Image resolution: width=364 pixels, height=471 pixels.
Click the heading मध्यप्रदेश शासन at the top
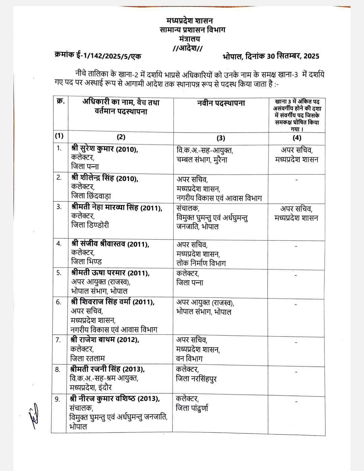click(190, 21)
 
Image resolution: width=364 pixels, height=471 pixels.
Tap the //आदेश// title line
click(187, 48)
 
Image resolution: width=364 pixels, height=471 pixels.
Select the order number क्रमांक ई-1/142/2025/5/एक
click(98, 55)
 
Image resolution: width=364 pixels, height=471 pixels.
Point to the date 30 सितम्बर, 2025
click(293, 56)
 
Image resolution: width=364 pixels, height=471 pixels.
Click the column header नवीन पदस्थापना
click(221, 103)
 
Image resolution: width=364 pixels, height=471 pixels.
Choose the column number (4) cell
click(297, 137)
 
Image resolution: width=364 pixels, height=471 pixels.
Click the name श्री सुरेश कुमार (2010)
click(104, 149)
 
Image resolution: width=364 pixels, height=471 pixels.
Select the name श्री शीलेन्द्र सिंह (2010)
click(104, 178)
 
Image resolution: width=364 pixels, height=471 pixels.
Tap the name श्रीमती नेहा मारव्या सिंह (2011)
click(117, 208)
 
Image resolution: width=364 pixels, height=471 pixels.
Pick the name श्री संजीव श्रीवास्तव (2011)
click(110, 244)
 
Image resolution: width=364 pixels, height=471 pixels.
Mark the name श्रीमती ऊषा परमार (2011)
click(110, 273)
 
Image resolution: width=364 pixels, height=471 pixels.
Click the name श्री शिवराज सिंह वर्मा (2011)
click(113, 302)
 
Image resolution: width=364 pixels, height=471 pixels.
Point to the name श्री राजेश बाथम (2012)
click(105, 340)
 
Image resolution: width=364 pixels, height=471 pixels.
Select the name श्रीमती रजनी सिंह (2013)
click(108, 369)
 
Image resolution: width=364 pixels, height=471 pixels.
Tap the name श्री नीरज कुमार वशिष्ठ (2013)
click(115, 399)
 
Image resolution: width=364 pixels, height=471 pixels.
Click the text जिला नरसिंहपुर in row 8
click(196, 379)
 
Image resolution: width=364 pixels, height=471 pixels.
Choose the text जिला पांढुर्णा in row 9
click(192, 408)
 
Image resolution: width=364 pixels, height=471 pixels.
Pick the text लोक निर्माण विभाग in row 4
click(201, 263)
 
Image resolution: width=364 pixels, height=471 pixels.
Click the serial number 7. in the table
click(58, 340)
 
